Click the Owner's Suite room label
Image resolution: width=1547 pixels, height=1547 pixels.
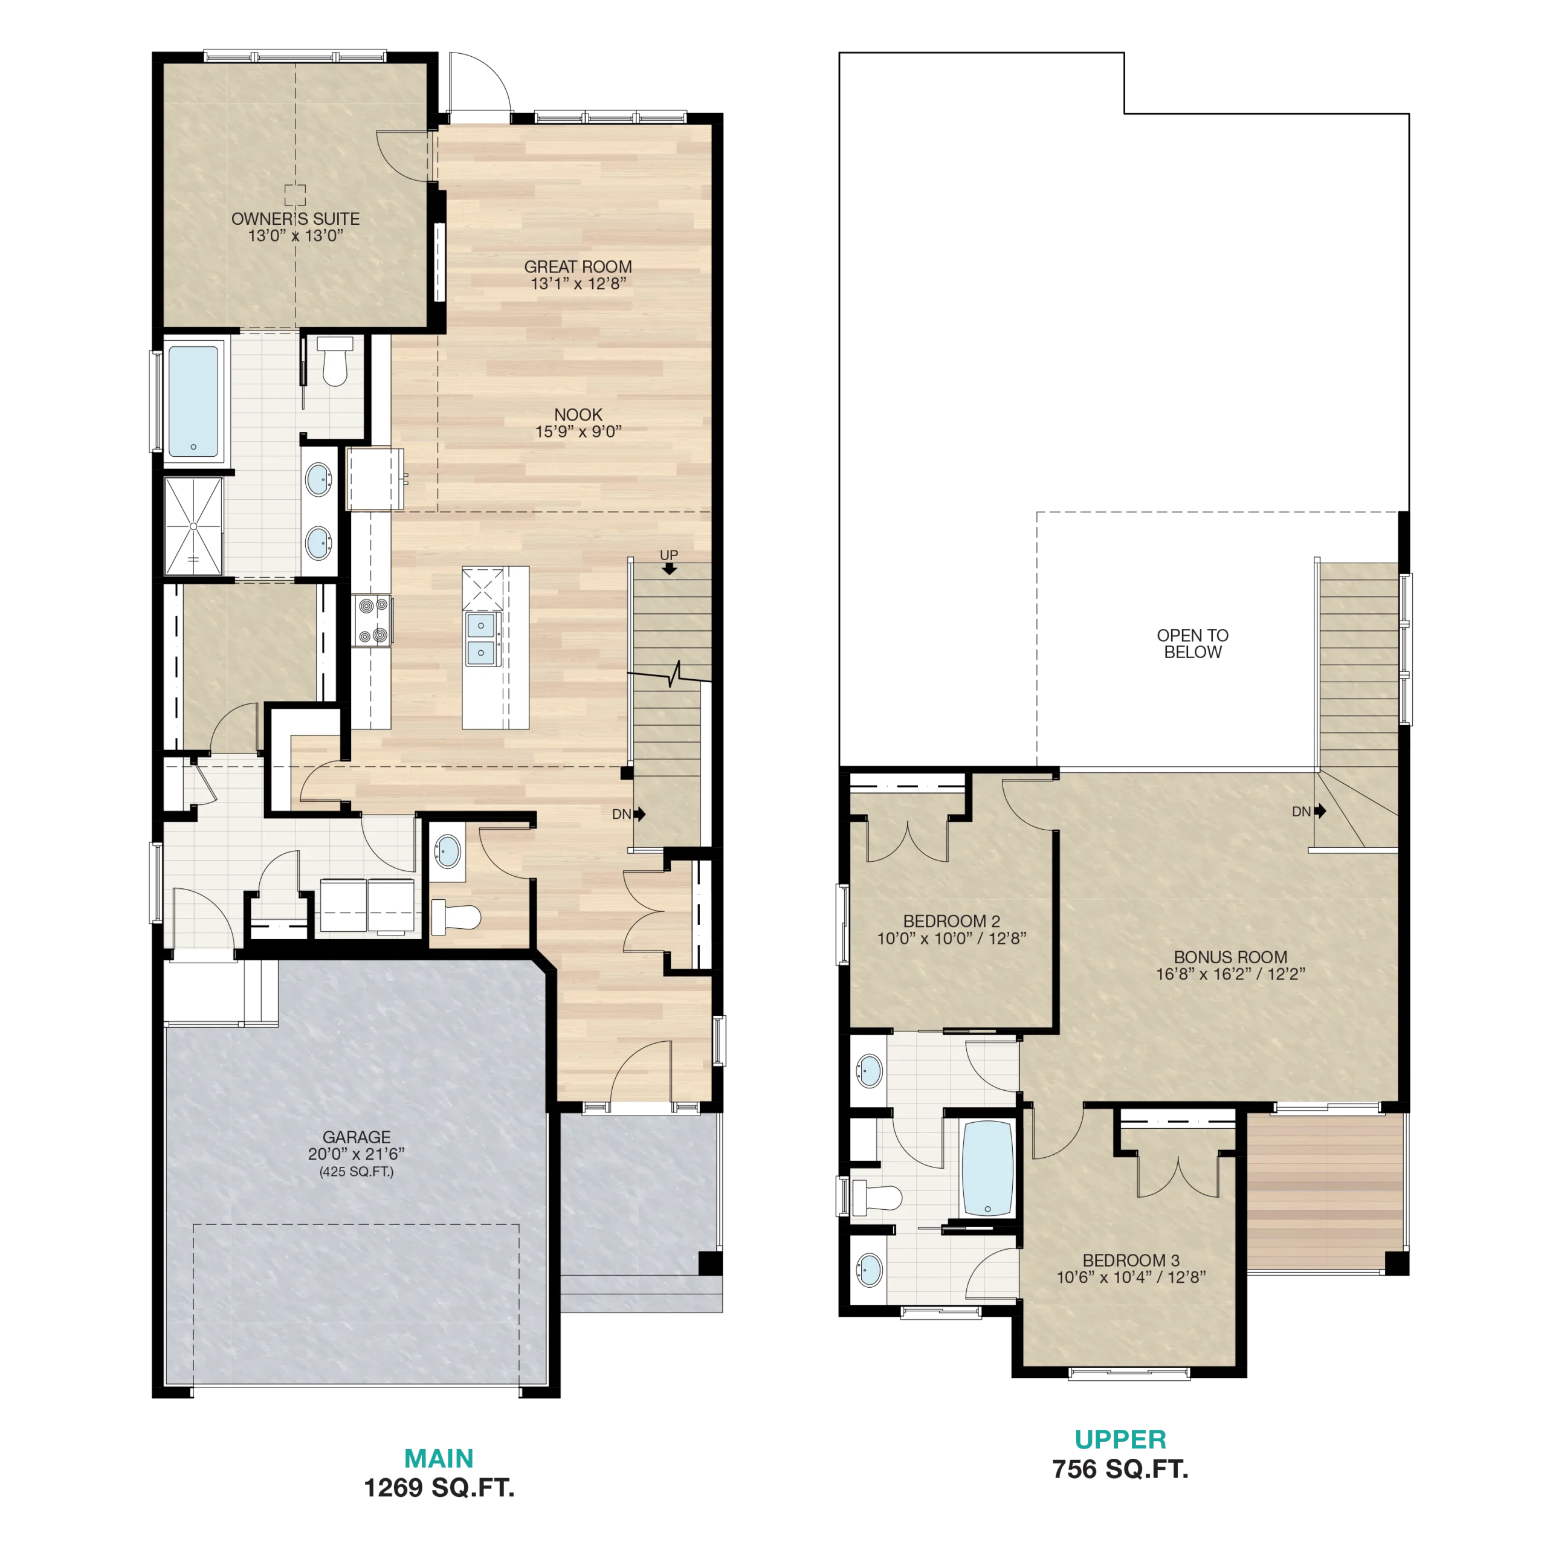(x=296, y=219)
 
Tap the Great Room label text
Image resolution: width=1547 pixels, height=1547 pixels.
(x=578, y=266)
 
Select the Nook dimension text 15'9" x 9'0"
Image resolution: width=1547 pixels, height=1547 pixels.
(x=578, y=431)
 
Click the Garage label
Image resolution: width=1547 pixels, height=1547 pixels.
(x=357, y=1137)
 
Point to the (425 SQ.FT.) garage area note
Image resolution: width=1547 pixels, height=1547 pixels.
(x=357, y=1172)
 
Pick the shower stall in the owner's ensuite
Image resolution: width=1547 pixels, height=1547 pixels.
(x=194, y=526)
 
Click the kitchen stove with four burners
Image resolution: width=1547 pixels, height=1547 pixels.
(x=372, y=621)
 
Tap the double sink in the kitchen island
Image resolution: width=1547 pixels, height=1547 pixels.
(x=480, y=638)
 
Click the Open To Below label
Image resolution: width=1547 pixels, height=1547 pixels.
(x=1192, y=644)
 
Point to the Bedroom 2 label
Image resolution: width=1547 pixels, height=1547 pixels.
(x=951, y=921)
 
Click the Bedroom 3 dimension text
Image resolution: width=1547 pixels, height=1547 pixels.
(x=1131, y=1277)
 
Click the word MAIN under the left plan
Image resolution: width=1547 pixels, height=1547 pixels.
(x=439, y=1458)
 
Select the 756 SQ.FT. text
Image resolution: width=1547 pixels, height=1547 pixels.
(x=1120, y=1469)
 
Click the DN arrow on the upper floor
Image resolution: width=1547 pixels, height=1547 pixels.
(x=1320, y=811)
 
